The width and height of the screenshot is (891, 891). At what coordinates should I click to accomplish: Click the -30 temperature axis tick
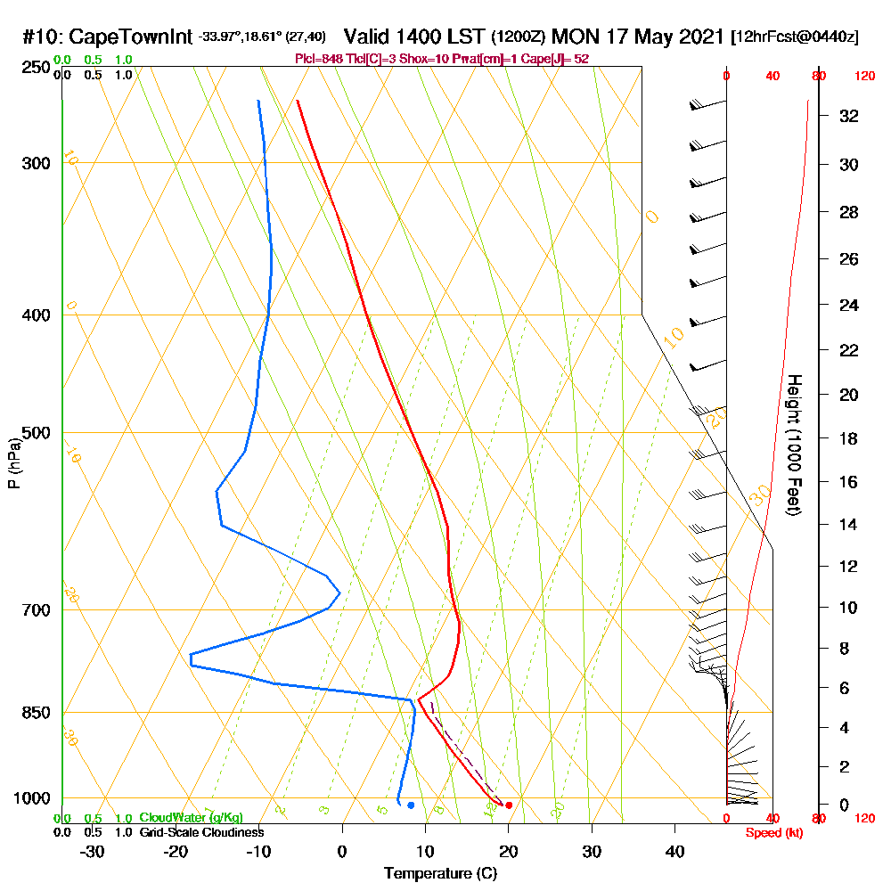point(93,852)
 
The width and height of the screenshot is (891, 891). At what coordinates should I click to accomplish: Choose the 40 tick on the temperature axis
point(674,852)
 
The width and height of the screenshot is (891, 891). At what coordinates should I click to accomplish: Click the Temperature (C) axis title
point(440,873)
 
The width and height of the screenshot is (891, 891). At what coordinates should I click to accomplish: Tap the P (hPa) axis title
point(13,462)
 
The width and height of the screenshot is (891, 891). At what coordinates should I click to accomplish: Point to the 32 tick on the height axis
point(849,116)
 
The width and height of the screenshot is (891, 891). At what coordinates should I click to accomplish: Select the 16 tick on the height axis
point(849,482)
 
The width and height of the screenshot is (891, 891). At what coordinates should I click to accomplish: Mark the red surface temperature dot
point(509,805)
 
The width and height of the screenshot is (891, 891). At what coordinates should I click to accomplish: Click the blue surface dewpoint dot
point(411,805)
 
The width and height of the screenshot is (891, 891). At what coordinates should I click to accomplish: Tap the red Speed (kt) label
point(772,832)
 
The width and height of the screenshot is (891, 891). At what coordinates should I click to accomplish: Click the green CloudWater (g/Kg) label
point(191,818)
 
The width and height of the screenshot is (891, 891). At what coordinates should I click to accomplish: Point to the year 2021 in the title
point(698,37)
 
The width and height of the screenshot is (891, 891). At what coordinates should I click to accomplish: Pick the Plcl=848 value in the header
point(315,59)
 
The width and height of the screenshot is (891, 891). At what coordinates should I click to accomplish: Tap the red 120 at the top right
point(863,77)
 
